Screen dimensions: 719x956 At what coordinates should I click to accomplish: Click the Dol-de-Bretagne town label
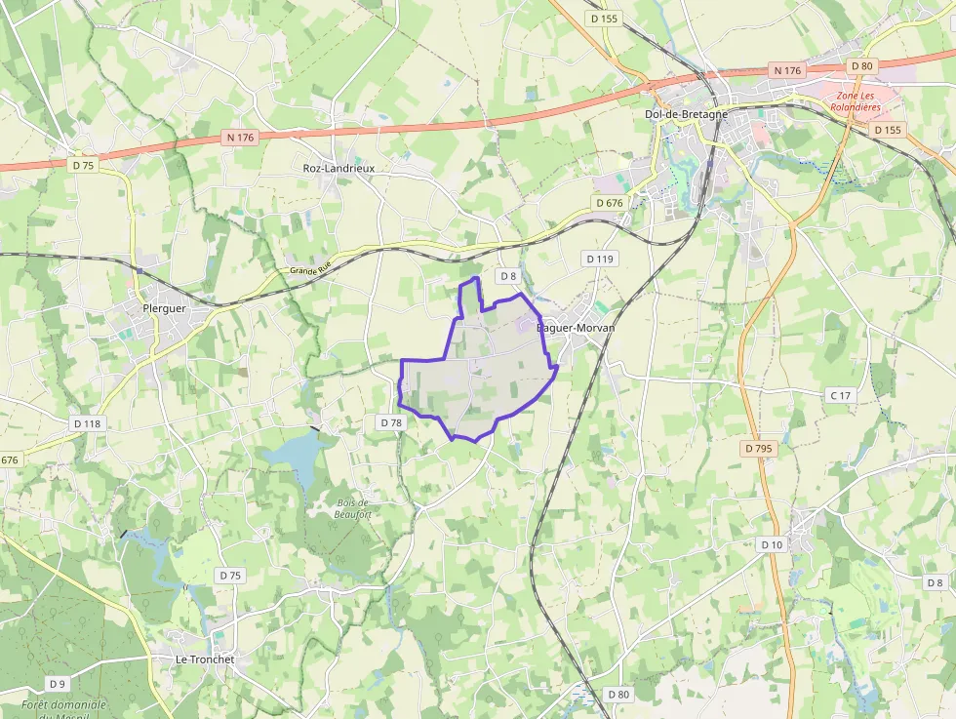pos(686,114)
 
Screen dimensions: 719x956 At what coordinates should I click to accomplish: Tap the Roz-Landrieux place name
pos(339,168)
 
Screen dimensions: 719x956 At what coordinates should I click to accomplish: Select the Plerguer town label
pos(164,308)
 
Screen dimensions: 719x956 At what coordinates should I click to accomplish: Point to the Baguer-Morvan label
pos(577,328)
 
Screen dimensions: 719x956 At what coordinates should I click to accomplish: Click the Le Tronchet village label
pos(205,659)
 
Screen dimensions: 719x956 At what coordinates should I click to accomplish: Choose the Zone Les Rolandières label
pos(857,101)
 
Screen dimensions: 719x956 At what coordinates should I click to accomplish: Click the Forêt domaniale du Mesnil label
pos(63,709)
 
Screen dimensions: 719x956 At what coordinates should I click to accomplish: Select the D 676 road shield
pos(608,203)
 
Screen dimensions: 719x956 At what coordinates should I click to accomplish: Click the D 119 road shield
pos(600,259)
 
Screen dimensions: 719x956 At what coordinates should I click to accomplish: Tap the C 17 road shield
pos(839,395)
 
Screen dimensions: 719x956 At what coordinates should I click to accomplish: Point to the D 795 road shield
pos(757,449)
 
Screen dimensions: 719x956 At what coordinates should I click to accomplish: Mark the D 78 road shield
pos(390,422)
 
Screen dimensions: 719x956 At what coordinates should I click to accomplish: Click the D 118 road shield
pos(87,423)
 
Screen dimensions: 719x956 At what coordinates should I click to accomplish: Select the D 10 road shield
pos(771,544)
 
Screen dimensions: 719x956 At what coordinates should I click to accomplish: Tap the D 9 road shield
pos(58,684)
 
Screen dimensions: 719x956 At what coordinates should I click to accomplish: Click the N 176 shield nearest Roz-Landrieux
pos(239,138)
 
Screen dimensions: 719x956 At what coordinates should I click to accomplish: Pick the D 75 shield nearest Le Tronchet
pos(229,576)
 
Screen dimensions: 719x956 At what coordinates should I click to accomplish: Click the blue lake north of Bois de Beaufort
pos(293,456)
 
